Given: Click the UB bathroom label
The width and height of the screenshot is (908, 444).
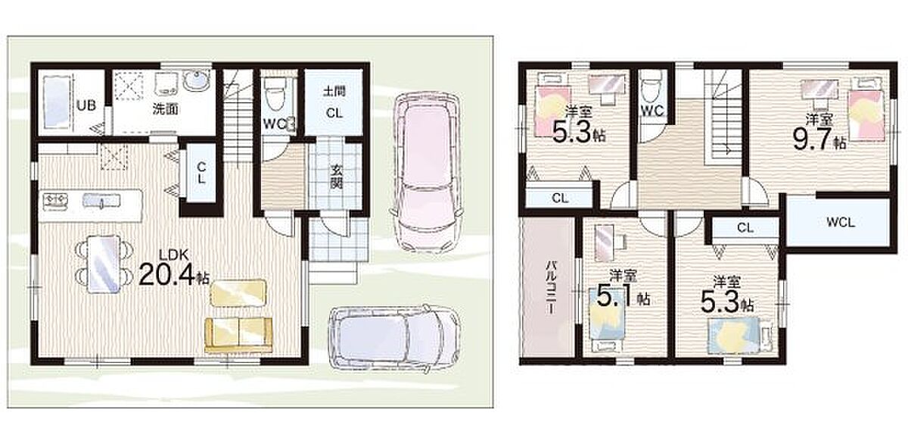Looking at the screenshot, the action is pos(86,105).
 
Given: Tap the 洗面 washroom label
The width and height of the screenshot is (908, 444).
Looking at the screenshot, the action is pos(166,109).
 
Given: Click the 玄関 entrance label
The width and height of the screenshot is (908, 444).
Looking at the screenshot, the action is pos(336,177).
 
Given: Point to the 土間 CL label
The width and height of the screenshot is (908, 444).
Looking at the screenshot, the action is pos(334,102).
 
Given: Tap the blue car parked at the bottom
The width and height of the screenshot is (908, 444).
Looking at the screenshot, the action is pos(396,339).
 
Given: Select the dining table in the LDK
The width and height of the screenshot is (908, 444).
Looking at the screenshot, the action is pos(104,264).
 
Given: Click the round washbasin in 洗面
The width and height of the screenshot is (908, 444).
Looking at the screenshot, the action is pos(197,79).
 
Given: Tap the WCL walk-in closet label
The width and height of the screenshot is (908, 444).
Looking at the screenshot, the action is pos(841,223).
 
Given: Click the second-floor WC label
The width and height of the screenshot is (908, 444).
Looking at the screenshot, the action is pos(652,111).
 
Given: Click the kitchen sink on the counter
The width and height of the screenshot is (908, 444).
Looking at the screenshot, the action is pos(101,201).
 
